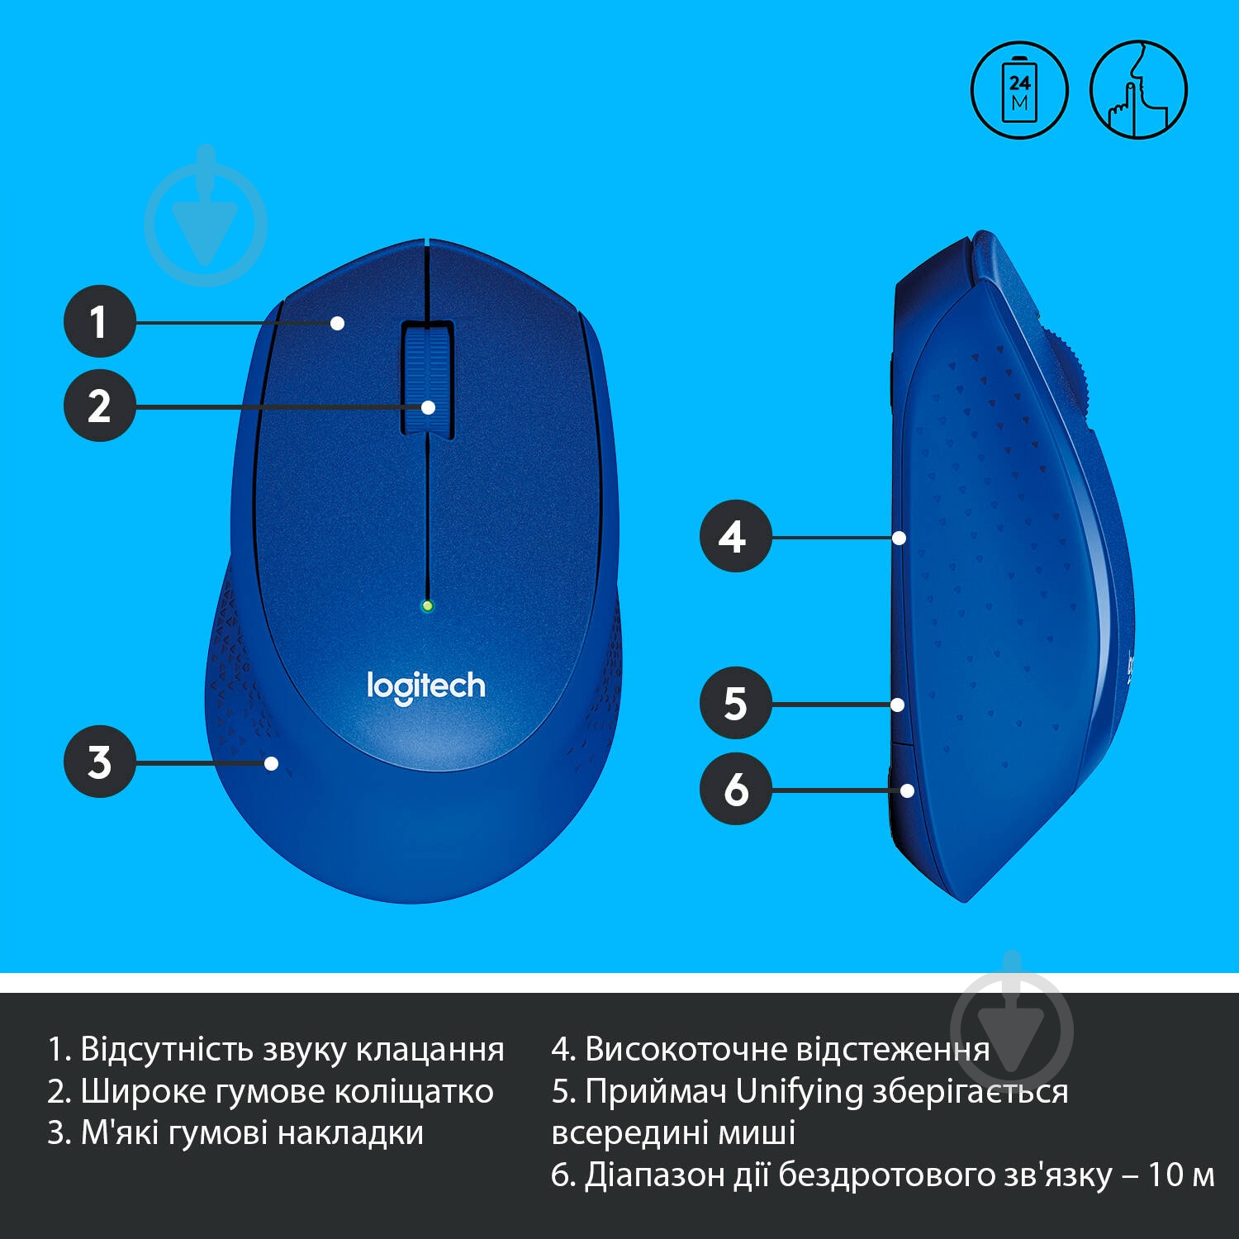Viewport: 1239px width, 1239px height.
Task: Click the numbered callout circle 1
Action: coord(100,321)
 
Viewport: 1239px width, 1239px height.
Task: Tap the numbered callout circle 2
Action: coord(100,406)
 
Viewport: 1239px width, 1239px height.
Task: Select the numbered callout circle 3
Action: coord(100,762)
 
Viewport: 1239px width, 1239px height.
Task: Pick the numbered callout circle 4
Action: coord(735,536)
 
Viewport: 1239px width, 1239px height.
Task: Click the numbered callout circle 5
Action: coord(735,703)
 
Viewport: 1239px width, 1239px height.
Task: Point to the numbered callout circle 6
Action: coord(735,789)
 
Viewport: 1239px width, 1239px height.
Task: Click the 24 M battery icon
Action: coord(1019,90)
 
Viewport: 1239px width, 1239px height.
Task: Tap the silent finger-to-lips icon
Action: coord(1138,90)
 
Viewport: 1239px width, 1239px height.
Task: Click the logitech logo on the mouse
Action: coord(426,686)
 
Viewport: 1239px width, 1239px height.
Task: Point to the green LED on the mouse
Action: coord(427,606)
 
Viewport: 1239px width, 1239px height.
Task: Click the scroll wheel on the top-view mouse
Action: coord(428,378)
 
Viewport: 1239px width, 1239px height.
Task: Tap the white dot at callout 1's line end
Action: coord(337,323)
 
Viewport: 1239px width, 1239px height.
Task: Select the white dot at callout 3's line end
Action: coord(271,763)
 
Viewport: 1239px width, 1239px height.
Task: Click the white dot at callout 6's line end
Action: coord(907,790)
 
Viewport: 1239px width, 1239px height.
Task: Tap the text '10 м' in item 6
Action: coord(1181,1175)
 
